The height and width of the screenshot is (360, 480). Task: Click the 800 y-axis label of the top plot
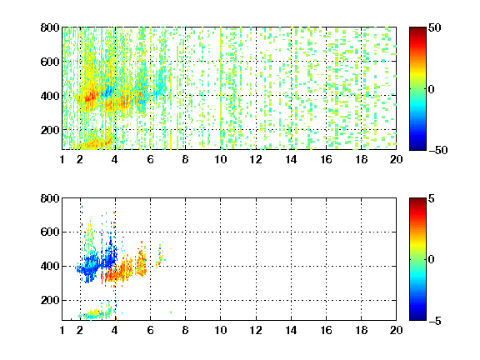click(x=50, y=27)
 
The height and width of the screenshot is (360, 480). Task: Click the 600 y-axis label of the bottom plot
click(x=50, y=232)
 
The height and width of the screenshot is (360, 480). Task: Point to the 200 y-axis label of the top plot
click(x=50, y=130)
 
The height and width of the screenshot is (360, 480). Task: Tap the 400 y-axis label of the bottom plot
click(x=50, y=266)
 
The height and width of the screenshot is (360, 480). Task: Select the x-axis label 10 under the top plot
click(x=220, y=159)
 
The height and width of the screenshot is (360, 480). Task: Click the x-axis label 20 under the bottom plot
click(x=396, y=330)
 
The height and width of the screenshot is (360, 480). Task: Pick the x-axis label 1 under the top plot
click(x=62, y=159)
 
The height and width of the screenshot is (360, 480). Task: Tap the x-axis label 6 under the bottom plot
click(x=150, y=330)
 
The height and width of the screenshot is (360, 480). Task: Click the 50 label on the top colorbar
click(x=434, y=27)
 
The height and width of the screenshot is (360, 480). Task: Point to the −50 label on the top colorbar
click(x=438, y=150)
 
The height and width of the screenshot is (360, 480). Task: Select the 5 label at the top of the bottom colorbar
click(x=432, y=198)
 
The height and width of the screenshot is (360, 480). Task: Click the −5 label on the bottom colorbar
click(x=435, y=321)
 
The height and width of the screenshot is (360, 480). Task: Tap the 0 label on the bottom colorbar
click(x=432, y=260)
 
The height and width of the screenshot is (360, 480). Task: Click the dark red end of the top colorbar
click(x=417, y=30)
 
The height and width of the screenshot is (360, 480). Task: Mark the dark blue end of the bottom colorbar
click(x=417, y=317)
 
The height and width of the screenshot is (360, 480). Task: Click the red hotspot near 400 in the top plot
click(x=87, y=98)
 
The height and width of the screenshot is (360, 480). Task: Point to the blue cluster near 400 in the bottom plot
click(x=97, y=263)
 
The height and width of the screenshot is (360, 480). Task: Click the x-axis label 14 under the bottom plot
click(x=291, y=330)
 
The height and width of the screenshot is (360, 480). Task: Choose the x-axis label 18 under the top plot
click(x=361, y=159)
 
